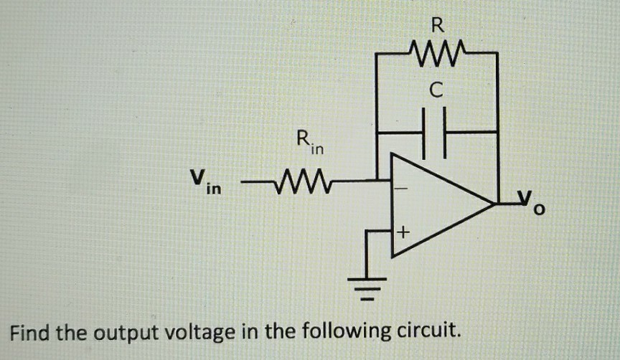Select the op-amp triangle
(431, 204)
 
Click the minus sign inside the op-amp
(403, 189)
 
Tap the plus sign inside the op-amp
(403, 232)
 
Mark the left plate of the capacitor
(427, 132)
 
